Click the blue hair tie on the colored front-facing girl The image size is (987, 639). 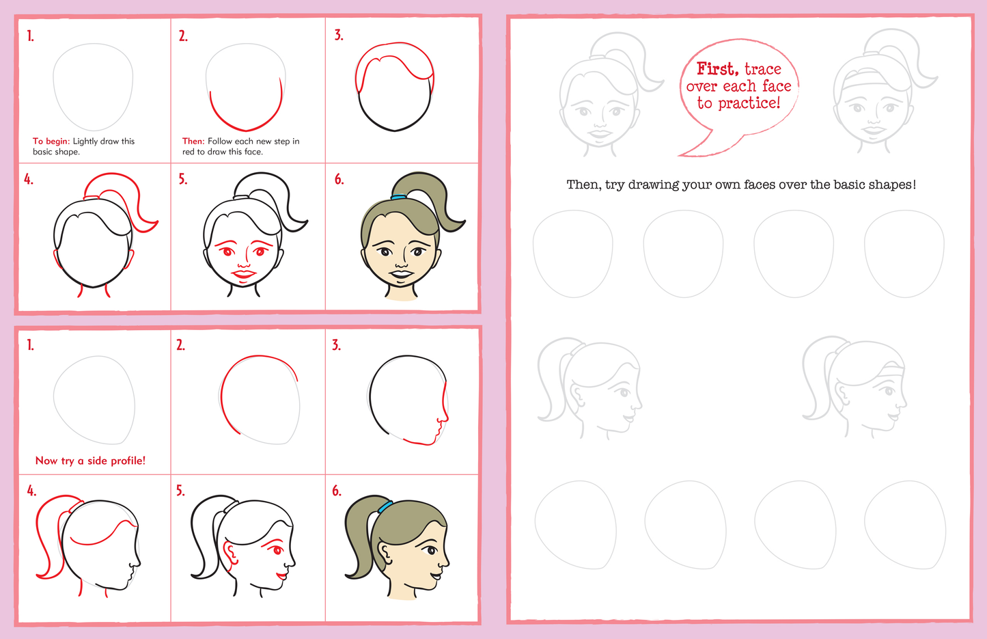(x=398, y=197)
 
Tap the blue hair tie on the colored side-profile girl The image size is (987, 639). (x=385, y=506)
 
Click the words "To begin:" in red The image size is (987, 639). (x=51, y=141)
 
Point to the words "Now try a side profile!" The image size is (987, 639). (x=90, y=461)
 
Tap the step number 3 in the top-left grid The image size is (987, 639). (x=338, y=36)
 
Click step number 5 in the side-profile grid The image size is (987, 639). (x=180, y=491)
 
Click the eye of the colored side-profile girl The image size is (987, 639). (x=430, y=550)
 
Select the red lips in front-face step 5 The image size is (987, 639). (x=243, y=275)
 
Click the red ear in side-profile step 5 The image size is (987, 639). (x=230, y=554)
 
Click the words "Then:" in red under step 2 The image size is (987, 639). (x=193, y=141)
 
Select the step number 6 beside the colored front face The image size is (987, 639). (x=339, y=179)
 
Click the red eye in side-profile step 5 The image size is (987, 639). (x=277, y=550)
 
